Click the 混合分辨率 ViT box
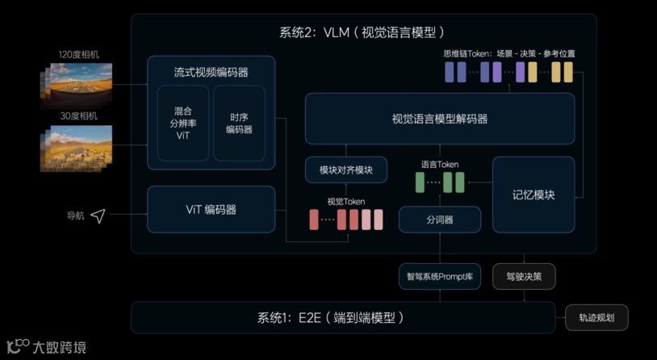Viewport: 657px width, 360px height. coord(183,123)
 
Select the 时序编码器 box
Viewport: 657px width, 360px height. coord(239,123)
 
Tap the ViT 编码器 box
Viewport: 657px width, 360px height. coord(211,210)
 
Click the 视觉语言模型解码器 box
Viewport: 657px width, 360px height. coord(440,119)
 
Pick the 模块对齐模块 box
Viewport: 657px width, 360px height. coord(346,170)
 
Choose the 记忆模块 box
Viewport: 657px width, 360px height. coord(534,195)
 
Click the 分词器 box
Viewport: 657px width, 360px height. coord(440,220)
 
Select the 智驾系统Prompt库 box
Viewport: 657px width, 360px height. coord(440,276)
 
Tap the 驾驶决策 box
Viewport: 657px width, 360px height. coord(524,276)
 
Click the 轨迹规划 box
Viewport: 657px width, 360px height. coord(596,317)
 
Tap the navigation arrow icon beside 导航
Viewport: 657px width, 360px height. coord(98,216)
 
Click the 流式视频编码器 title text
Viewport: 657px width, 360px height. coord(211,72)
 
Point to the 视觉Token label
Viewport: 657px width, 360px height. coord(345,201)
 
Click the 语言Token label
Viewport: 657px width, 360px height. coord(440,165)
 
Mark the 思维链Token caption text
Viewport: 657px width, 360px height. coord(508,54)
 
